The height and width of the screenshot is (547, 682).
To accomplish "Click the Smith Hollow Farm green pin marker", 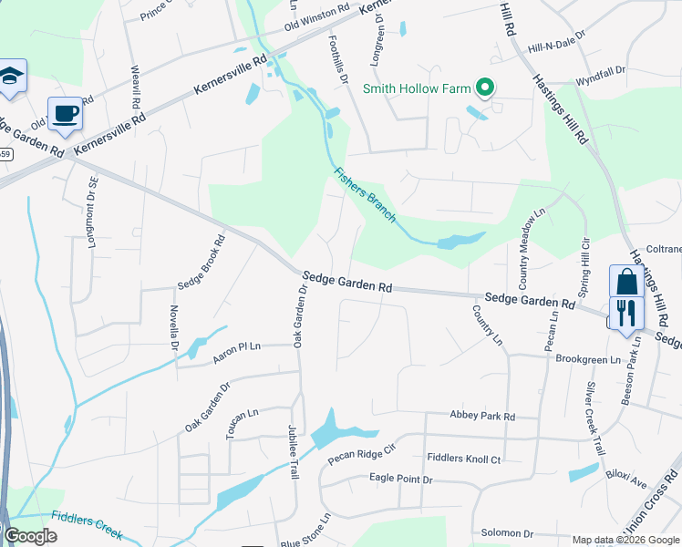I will click(486, 88).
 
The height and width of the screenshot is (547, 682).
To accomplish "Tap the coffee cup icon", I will click(65, 114).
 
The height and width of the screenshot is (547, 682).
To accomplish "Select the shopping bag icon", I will click(626, 283).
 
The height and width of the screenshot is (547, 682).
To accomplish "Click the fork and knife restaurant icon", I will click(626, 313).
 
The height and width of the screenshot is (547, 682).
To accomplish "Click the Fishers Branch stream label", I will click(365, 194).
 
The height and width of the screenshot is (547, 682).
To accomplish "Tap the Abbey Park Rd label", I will click(482, 416).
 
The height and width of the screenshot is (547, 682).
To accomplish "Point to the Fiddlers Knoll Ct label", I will click(463, 459).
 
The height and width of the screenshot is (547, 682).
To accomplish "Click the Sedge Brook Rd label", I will click(201, 264).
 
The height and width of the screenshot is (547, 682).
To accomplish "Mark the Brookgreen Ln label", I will click(587, 359).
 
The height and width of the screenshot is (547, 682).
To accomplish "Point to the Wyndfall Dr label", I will click(601, 70).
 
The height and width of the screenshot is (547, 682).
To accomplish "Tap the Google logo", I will click(30, 536).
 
